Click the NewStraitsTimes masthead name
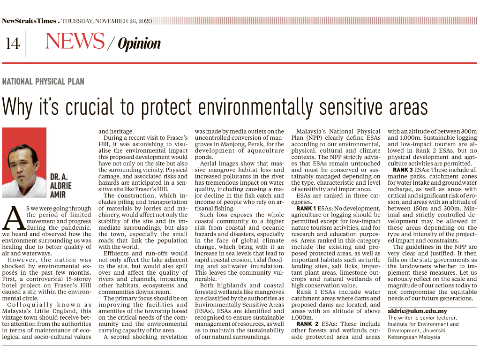pyautogui.click(x=29, y=21)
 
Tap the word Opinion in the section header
pyautogui.click(x=139, y=44)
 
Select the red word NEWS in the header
pyautogui.click(x=75, y=42)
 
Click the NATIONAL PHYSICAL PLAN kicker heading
pyautogui.click(x=43, y=82)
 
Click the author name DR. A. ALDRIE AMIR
pyautogui.click(x=61, y=185)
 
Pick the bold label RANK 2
pyautogui.click(x=307, y=324)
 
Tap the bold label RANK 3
pyautogui.click(x=403, y=170)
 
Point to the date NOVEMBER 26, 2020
pyautogui.click(x=123, y=21)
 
